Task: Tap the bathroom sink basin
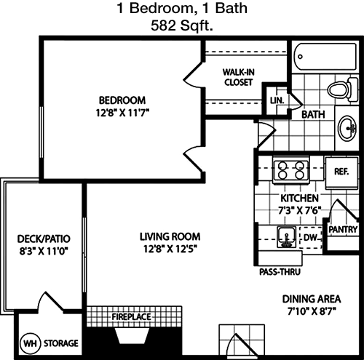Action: click(347, 128)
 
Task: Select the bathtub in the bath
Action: click(325, 57)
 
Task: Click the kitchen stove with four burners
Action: click(291, 170)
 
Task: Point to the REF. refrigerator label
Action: click(341, 172)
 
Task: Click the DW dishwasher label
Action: click(310, 237)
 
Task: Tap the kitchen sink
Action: click(287, 237)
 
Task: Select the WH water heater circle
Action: click(31, 343)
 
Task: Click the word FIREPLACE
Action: click(131, 316)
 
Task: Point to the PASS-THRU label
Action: click(280, 272)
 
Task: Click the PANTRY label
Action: click(343, 229)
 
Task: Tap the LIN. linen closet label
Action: click(277, 100)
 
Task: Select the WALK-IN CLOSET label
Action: click(239, 77)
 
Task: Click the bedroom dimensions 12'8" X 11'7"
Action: click(122, 113)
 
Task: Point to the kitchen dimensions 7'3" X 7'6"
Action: click(299, 210)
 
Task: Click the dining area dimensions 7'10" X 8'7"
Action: click(312, 311)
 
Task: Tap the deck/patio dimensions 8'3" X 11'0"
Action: click(44, 251)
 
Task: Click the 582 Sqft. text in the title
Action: click(182, 25)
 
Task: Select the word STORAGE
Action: click(61, 343)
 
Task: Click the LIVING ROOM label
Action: click(170, 236)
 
